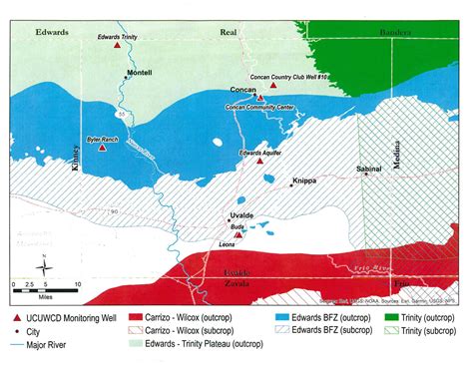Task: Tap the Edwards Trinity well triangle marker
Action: click(118, 46)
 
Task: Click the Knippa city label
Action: click(304, 182)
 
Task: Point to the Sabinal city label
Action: click(369, 170)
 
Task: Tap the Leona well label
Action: click(229, 244)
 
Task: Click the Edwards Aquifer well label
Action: click(263, 152)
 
